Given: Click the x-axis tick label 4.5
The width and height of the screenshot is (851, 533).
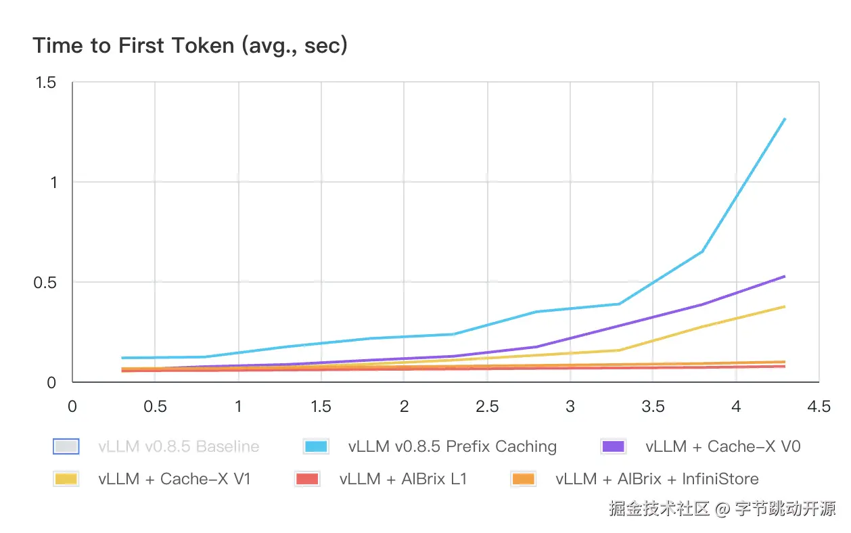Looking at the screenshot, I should [x=819, y=407].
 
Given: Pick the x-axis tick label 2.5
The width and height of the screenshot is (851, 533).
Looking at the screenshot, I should [x=487, y=407].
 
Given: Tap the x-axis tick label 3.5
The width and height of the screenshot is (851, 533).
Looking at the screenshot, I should [x=653, y=407].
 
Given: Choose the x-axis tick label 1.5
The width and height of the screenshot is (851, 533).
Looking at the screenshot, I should [x=321, y=407].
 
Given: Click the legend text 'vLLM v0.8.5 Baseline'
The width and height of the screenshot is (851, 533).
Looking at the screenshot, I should [x=179, y=446].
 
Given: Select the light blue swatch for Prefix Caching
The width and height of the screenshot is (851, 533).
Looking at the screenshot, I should [x=317, y=446].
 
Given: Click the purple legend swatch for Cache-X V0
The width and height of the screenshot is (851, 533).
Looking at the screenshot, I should [x=614, y=446].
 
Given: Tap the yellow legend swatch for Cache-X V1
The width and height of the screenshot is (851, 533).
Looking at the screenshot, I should [x=66, y=479].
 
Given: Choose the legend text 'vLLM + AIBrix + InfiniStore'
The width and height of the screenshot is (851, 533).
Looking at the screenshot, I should [x=657, y=479].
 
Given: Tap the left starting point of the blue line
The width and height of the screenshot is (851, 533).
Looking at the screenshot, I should [x=122, y=358].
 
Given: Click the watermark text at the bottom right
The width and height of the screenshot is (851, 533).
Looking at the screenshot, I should [x=722, y=508].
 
